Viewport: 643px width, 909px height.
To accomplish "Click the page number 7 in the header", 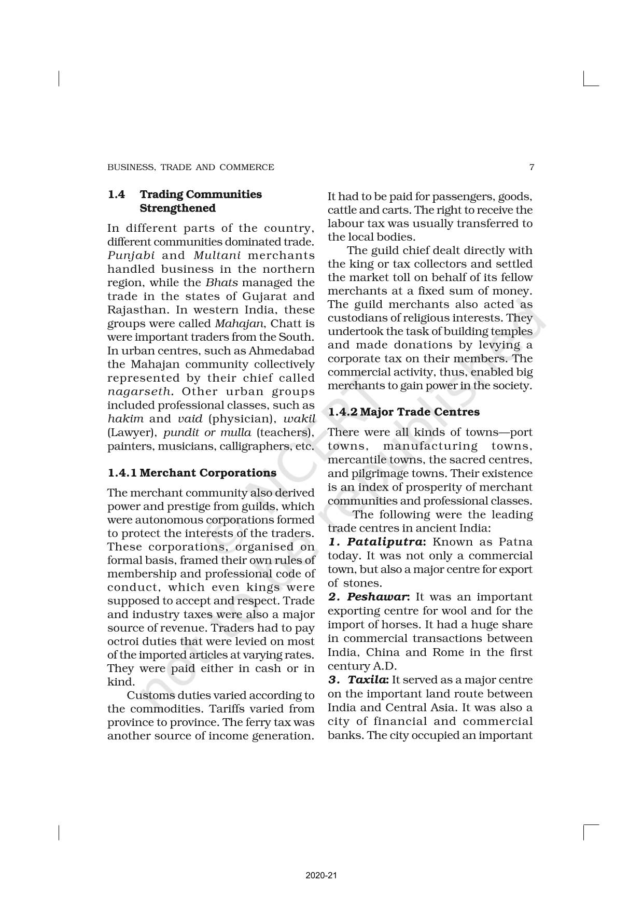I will [532, 167].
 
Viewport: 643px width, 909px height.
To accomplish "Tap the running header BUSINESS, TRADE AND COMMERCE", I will [190, 167].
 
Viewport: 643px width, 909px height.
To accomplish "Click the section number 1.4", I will [116, 194].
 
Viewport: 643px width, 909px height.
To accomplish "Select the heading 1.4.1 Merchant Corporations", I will [192, 473].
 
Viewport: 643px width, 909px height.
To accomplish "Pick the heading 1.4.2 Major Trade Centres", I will [404, 412].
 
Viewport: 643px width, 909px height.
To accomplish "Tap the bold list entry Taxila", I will [367, 680].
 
